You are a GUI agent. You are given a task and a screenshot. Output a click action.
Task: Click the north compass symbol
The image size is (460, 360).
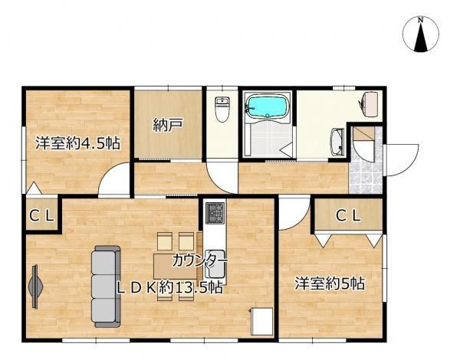click(421, 34)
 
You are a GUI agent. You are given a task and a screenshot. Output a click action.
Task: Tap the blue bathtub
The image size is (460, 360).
click(267, 106)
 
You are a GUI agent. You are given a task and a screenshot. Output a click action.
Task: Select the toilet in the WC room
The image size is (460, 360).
click(222, 109)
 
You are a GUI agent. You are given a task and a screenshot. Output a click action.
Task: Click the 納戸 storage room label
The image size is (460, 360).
click(168, 125)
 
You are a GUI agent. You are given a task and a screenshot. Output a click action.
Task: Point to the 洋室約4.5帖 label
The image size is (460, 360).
click(77, 143)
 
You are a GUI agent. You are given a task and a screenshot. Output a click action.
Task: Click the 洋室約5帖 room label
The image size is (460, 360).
click(330, 283)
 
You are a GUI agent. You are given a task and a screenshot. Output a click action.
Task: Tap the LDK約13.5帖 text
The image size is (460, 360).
click(169, 288)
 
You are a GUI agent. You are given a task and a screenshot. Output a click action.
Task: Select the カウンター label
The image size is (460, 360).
click(200, 260)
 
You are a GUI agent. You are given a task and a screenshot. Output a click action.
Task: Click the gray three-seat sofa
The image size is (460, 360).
click(106, 286)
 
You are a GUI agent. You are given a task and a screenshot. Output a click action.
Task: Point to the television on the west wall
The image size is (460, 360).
click(35, 286)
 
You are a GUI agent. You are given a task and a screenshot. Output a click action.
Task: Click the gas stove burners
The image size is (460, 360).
click(215, 213)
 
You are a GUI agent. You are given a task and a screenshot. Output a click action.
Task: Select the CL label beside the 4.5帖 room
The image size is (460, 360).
click(42, 216)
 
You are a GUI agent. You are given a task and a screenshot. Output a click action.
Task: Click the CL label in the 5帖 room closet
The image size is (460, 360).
click(348, 216)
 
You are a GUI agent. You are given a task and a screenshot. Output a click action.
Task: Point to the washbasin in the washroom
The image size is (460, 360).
click(337, 142)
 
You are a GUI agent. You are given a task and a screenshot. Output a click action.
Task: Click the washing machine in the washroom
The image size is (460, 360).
click(369, 104)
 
